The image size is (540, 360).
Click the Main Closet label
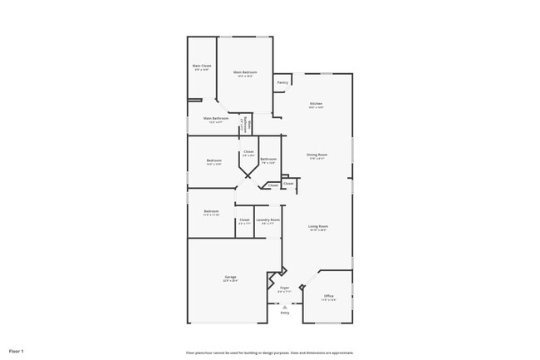point(201,67)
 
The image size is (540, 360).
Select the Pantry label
point(282,82)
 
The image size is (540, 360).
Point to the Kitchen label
point(316,105)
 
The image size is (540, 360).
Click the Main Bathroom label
point(215,119)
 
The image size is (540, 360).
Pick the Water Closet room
point(243,126)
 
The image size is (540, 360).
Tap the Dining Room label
point(317,155)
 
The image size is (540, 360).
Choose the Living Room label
point(318,227)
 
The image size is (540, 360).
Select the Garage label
point(230,278)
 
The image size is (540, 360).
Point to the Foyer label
point(284,288)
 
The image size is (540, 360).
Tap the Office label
point(329,297)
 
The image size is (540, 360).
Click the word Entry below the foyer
point(285,313)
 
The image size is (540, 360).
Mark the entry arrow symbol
point(284,305)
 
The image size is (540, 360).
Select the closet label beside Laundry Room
point(244,220)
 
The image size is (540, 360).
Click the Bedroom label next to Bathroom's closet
point(214,160)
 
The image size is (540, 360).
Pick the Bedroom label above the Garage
point(211,212)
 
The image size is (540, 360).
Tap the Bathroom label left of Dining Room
point(268,160)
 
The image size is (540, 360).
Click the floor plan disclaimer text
point(269,352)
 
